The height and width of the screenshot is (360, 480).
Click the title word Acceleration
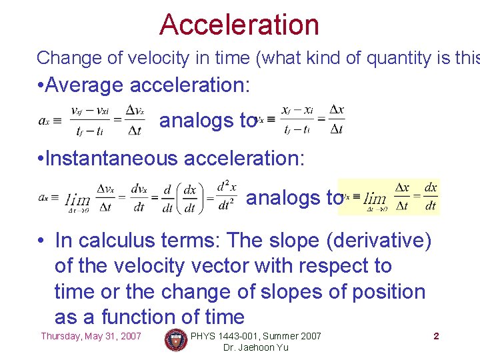(239, 25)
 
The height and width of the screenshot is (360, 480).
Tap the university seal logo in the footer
(176, 340)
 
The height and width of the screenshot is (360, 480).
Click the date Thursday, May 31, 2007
(91, 336)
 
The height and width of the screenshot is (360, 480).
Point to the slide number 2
(436, 336)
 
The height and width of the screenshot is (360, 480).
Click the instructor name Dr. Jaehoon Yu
(256, 347)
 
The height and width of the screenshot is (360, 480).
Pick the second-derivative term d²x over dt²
(226, 197)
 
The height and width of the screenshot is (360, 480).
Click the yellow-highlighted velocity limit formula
(389, 197)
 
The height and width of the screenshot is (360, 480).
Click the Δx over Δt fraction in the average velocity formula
(337, 121)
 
